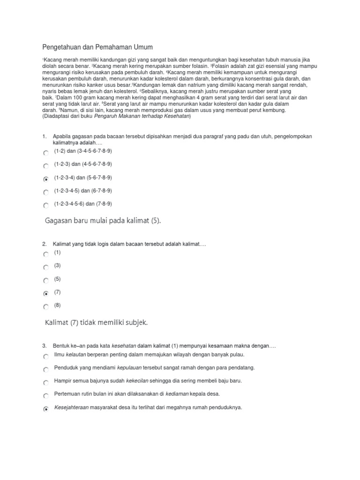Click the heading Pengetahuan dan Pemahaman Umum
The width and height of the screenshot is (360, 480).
pos(97,47)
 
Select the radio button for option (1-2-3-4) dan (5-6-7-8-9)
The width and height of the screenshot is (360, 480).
pos(45,179)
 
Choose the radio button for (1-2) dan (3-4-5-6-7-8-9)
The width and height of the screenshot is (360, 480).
pos(45,153)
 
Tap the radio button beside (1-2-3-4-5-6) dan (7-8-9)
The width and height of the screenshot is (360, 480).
pos(45,205)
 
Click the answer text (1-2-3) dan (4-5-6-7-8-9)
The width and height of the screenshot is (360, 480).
pos(83,164)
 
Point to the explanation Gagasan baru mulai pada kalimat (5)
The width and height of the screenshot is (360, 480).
pos(103,221)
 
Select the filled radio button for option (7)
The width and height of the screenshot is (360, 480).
pos(45,294)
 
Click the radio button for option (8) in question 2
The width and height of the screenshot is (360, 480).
pos(45,307)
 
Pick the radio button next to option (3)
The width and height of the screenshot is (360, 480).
pos(45,268)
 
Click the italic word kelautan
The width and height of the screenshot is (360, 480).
pos(75,354)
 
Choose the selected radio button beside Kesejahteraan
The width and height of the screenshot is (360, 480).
pos(45,409)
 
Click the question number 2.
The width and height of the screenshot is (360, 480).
pos(44,244)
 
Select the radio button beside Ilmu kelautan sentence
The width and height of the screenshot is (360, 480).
pos(45,356)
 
